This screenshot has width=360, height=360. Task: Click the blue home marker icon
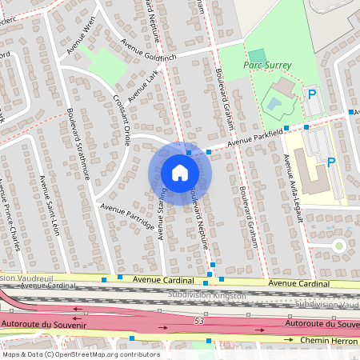[x=180, y=172]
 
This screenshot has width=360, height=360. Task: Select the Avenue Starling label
[x=162, y=213]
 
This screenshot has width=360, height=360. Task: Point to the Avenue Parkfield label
[x=255, y=138]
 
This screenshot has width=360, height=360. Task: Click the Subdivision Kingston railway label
[x=207, y=295]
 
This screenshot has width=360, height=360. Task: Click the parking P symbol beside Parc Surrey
[x=312, y=94]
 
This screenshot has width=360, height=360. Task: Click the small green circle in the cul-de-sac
[x=338, y=246]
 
